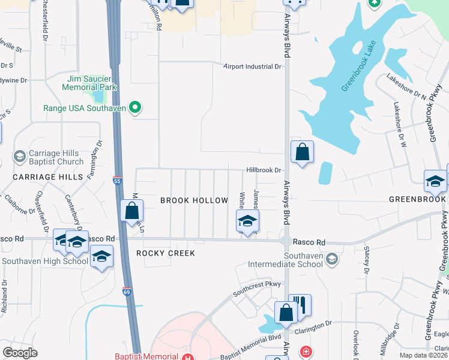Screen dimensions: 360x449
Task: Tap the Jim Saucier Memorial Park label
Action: [89, 82]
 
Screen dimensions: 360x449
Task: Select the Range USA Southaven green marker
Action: [136, 108]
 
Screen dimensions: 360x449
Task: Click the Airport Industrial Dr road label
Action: [252, 67]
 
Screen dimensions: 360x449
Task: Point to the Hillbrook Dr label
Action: [264, 170]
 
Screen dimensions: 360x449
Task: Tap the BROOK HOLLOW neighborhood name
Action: [194, 200]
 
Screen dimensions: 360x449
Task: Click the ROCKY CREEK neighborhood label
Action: [166, 253]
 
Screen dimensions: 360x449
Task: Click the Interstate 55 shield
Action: [117, 179]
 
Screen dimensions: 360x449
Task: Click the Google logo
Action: [20, 352]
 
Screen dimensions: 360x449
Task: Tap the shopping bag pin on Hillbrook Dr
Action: [303, 152]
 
